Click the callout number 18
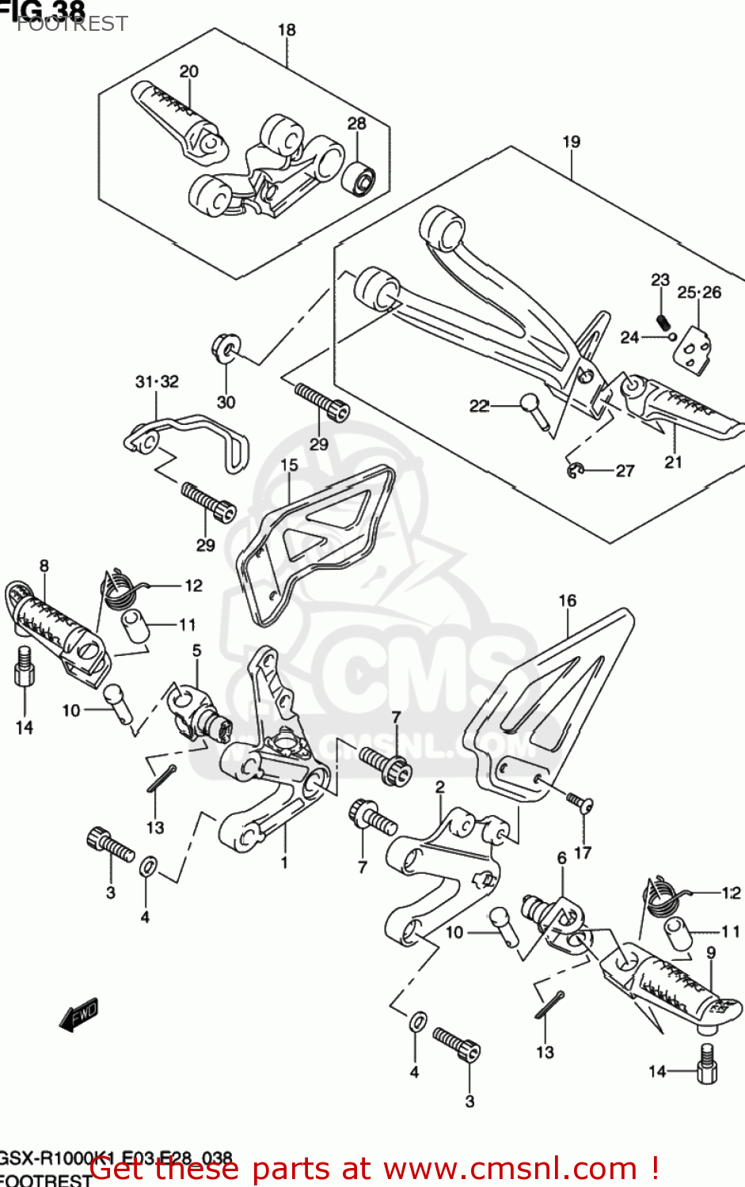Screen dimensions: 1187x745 click(x=286, y=30)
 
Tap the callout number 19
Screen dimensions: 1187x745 click(x=571, y=142)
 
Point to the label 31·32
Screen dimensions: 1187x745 click(x=157, y=381)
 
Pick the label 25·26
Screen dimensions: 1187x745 click(x=699, y=292)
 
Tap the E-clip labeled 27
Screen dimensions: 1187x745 click(x=576, y=470)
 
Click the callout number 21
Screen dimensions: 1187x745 click(x=673, y=462)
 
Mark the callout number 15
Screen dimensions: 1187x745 click(x=289, y=465)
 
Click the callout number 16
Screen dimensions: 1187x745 click(x=568, y=601)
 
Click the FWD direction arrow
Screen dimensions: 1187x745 click(x=79, y=1014)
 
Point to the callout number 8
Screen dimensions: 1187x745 click(x=44, y=565)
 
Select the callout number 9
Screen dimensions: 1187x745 click(x=710, y=953)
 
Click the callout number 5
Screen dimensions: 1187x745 click(x=196, y=650)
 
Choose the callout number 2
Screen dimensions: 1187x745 click(x=439, y=787)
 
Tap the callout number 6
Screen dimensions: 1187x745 click(x=561, y=858)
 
